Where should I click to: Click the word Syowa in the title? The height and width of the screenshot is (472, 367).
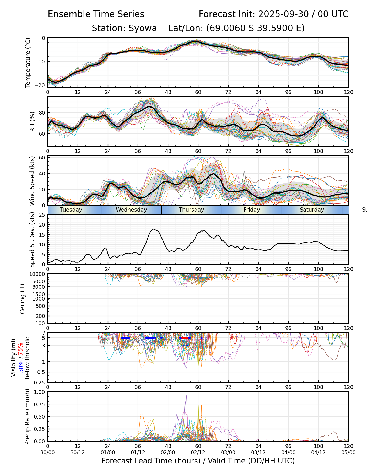[143, 28]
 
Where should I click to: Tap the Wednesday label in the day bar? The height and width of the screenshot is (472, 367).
[131, 210]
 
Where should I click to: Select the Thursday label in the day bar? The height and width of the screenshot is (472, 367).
[191, 210]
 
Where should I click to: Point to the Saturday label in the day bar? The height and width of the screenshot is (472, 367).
[312, 210]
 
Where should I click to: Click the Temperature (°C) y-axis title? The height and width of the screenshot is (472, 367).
[28, 62]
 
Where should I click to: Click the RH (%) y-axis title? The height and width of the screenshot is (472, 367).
[32, 121]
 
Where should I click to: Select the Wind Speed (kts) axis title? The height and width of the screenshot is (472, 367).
[32, 181]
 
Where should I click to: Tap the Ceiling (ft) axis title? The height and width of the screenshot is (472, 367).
[23, 299]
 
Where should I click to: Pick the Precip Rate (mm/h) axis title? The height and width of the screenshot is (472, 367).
[27, 417]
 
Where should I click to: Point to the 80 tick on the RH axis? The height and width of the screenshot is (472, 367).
[42, 113]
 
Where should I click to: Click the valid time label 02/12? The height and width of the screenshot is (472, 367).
[198, 452]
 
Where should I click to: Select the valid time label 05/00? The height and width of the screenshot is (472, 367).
[348, 452]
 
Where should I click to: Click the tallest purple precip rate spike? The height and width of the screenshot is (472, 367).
[186, 396]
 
